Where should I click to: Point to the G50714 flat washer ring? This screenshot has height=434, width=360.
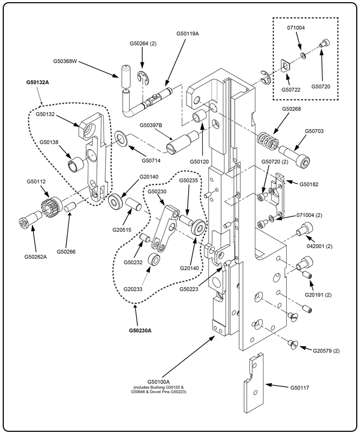pyautogui.click(x=123, y=139)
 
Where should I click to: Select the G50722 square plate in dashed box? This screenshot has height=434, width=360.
pyautogui.click(x=286, y=67)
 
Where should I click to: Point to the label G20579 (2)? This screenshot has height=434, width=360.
pyautogui.click(x=326, y=351)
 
